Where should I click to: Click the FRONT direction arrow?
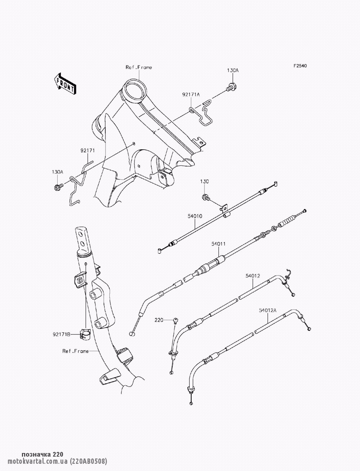65,84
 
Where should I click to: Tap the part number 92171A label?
191,95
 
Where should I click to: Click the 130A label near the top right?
232,71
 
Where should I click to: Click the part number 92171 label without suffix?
87,151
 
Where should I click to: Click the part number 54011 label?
219,244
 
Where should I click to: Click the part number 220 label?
159,320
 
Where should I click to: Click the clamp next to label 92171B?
86,335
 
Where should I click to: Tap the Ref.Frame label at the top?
139,67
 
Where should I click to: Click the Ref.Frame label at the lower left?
75,351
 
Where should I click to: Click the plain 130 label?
204,182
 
